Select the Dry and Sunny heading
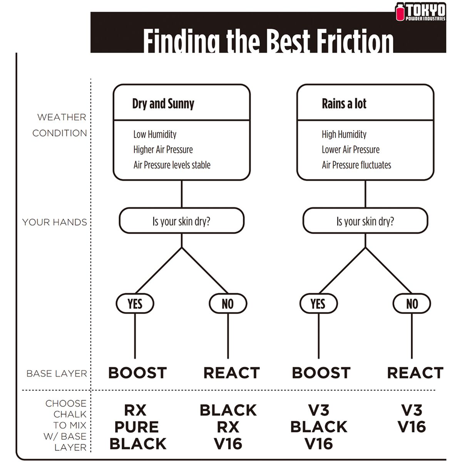point(163,104)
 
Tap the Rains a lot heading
point(344,104)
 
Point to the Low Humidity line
point(155,134)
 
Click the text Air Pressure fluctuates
point(356,165)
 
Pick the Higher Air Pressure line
point(163,150)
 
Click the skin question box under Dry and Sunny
point(181,221)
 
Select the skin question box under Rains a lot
point(365,221)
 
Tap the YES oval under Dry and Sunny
point(135,304)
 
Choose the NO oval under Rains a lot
point(412,304)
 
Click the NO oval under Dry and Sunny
point(228,304)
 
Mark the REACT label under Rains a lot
point(415,373)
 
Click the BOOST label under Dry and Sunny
point(137,373)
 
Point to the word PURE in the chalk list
point(136,427)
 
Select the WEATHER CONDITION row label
point(60,125)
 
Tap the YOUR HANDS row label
point(55,222)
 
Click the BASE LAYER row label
point(57,373)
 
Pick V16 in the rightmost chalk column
point(412,427)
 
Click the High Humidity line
point(344,134)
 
